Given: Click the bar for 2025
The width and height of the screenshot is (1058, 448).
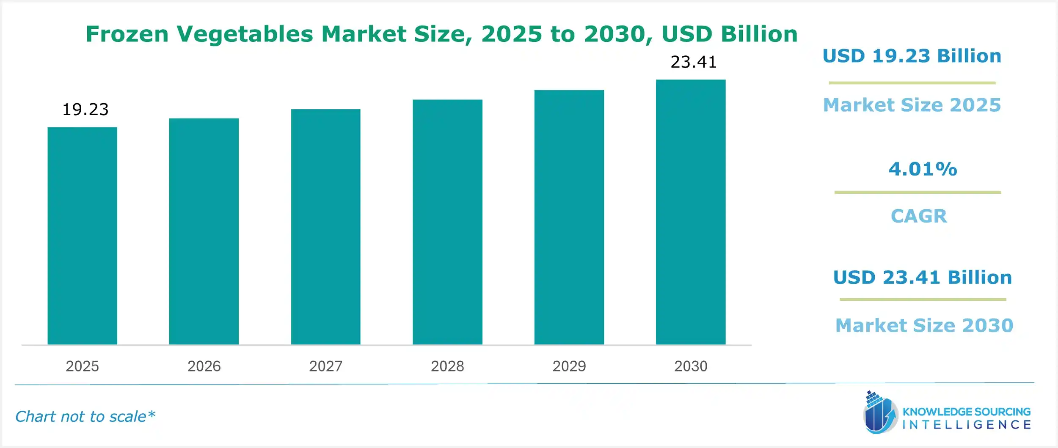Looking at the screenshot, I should coord(82,236).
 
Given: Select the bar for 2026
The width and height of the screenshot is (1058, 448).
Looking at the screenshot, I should coord(204,231).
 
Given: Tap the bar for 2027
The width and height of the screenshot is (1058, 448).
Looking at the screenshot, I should coord(325,227).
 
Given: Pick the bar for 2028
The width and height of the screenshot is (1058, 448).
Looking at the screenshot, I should coord(447,222).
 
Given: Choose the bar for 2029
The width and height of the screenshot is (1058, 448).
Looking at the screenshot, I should coord(569,217).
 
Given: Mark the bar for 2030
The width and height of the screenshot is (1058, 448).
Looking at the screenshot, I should coord(691,212).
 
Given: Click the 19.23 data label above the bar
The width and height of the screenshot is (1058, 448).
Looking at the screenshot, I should coord(85,110).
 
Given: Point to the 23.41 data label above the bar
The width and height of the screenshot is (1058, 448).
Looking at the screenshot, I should coord(694,62).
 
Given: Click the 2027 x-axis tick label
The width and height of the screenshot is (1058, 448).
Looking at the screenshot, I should coord(325,366).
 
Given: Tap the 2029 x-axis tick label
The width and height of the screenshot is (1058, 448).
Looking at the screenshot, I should coord(569,366).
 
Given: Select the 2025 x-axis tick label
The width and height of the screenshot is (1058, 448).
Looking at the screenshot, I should coord(82,366).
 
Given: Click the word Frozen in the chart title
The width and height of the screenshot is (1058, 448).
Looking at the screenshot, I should coord(127,34).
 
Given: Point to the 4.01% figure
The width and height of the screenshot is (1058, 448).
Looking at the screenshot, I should coord(923,169).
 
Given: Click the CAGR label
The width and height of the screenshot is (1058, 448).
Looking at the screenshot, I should coord(919,216).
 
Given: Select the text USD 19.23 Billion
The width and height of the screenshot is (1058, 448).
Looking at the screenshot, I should coord(912,56).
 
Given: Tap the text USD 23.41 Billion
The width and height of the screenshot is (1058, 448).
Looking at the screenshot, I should coord(923,278).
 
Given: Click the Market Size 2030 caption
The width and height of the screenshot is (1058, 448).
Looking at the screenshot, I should coord(924,325).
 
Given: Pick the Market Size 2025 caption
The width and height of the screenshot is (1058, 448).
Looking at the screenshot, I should coord(912,105).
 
